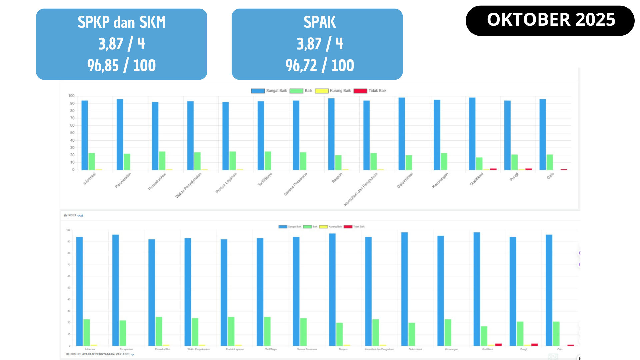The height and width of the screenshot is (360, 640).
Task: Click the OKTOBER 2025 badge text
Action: pos(551,20)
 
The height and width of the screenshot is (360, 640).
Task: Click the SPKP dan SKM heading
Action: pos(121,22)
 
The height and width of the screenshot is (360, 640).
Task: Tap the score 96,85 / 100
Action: pos(121,65)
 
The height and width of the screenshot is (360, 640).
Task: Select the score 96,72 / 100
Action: pos(320,65)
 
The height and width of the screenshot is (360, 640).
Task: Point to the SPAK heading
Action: pos(320,22)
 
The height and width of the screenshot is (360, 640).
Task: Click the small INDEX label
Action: pos(72,215)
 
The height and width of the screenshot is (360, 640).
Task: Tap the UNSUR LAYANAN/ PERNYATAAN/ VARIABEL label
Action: pos(99,354)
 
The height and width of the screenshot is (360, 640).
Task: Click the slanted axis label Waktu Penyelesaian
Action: pos(189,185)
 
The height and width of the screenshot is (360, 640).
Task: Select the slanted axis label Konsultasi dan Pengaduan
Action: pos(361,189)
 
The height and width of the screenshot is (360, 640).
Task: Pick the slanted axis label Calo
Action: pos(550,176)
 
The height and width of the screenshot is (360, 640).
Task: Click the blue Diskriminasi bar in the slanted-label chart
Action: pos(402,133)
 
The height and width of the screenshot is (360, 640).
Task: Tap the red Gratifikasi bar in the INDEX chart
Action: pos(498,345)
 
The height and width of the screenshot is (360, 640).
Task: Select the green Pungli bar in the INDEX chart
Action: pos(520,333)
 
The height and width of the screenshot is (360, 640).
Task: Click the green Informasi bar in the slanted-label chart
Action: pos(92,161)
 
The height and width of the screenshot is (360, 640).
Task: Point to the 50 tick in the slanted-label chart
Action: pos(72,133)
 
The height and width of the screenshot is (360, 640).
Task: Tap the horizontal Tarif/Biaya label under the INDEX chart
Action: pos(271,349)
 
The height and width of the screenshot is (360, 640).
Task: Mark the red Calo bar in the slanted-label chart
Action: pos(564,170)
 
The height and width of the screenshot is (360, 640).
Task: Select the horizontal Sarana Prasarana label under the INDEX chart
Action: pos(307,349)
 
